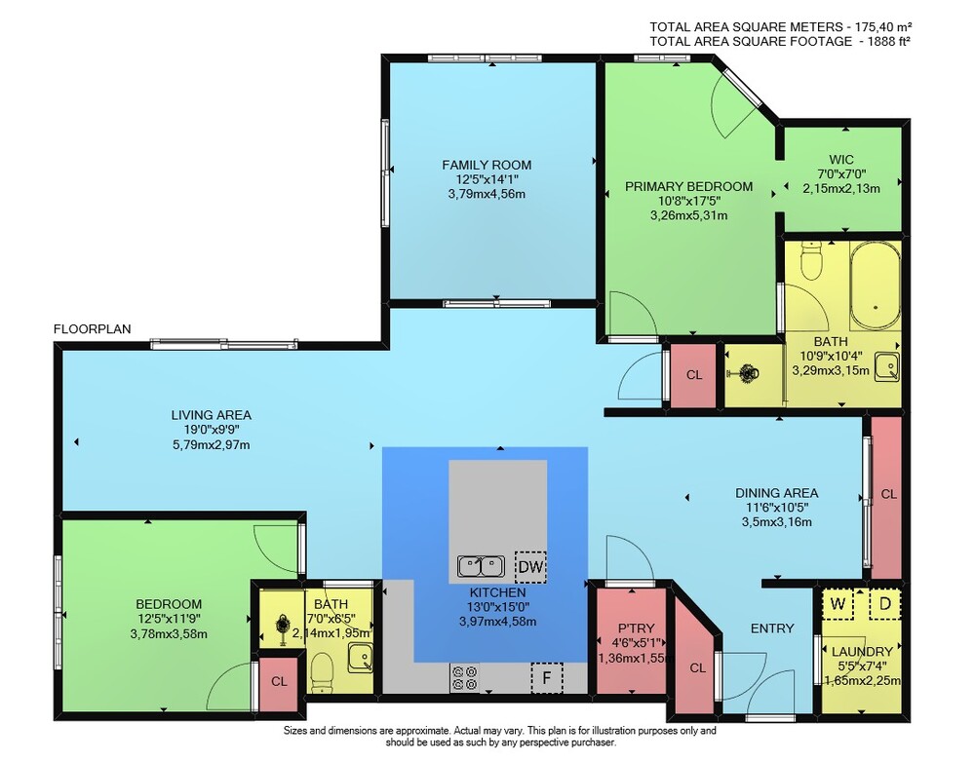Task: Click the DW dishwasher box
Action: point(530,566)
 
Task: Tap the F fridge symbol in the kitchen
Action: point(547,677)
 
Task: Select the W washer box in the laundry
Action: point(838,604)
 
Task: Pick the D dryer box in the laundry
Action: point(885,604)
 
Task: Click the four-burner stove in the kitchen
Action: point(464,678)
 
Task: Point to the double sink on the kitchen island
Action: point(482,566)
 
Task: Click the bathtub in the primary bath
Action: point(876,286)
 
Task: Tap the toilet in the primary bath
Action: point(811,261)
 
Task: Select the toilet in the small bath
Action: point(322,671)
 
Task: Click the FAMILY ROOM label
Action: point(487,166)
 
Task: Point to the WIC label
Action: point(841,160)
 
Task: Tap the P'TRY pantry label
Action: point(636,628)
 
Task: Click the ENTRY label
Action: point(772,628)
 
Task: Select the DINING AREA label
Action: point(777,493)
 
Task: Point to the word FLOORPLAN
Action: point(92,329)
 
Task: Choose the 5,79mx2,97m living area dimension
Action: point(212,444)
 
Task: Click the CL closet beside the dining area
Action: point(887,497)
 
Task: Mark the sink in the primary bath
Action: point(887,366)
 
